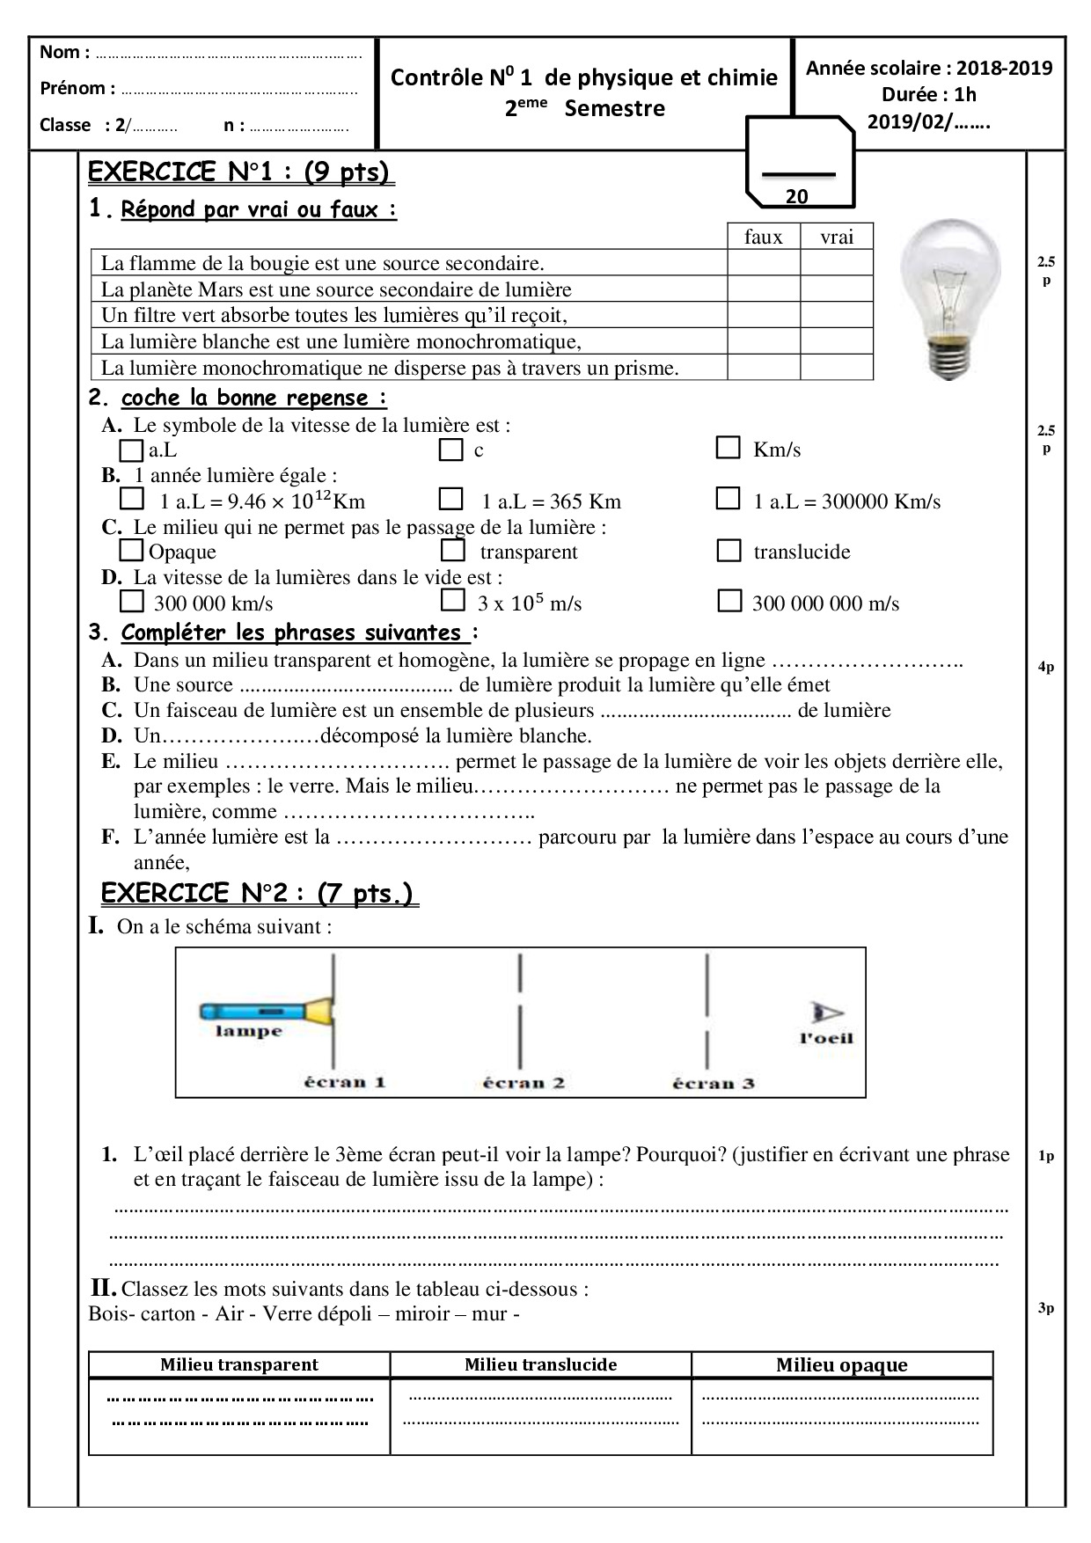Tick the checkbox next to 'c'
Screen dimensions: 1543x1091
click(451, 450)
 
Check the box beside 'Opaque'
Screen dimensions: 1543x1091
click(131, 551)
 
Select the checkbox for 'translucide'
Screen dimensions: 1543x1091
click(729, 551)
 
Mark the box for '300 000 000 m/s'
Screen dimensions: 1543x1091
click(729, 602)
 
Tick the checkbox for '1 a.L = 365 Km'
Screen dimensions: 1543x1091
click(451, 500)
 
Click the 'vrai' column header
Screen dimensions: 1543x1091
click(836, 237)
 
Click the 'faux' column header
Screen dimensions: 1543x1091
click(763, 237)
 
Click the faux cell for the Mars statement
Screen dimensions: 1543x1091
click(763, 289)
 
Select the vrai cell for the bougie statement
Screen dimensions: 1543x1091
click(836, 262)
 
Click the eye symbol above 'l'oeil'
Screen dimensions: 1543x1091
click(827, 1013)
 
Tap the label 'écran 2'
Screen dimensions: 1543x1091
click(524, 1083)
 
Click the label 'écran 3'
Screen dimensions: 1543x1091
click(714, 1084)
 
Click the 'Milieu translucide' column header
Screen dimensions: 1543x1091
click(540, 1364)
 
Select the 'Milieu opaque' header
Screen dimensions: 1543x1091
click(841, 1364)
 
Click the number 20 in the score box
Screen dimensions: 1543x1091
click(796, 197)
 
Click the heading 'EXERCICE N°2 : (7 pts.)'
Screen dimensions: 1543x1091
click(257, 894)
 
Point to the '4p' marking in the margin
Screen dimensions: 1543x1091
click(1045, 667)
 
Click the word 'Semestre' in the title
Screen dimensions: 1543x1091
click(614, 109)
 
